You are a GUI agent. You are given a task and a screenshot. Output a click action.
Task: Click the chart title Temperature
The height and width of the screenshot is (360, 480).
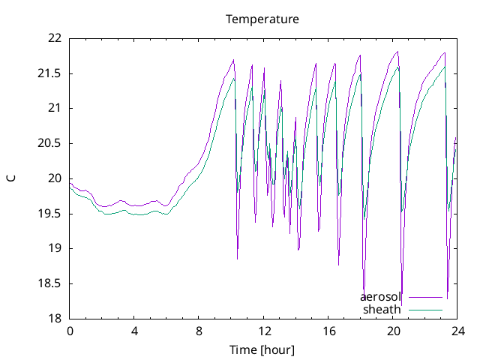262,19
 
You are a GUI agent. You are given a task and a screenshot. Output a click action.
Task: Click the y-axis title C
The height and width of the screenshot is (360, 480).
11,178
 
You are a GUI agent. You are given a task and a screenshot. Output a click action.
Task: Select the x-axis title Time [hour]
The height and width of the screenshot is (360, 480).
262,350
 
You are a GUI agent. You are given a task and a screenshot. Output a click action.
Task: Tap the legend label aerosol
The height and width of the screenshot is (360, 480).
381,297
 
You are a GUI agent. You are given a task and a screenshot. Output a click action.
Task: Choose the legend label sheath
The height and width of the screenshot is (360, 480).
382,309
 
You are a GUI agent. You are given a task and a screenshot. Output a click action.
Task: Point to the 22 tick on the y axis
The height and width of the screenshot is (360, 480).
55,38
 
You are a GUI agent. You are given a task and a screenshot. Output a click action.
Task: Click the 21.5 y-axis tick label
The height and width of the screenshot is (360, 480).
51,73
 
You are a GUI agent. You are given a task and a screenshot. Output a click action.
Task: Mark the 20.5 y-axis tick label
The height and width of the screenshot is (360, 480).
51,143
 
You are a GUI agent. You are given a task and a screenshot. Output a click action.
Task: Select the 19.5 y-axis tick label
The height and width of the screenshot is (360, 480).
51,214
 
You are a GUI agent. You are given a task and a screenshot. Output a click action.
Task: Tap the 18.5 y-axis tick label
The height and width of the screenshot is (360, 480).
51,283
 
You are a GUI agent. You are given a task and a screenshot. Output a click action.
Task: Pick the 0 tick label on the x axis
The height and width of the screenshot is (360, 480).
70,331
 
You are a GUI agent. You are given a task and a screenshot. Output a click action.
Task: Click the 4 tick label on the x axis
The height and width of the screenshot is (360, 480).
134,331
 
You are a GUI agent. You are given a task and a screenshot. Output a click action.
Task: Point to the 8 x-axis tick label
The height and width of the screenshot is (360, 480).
199,331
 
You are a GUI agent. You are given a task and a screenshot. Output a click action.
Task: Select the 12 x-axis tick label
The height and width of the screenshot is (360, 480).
264,331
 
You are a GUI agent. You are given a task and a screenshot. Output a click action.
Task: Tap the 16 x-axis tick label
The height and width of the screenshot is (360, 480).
328,331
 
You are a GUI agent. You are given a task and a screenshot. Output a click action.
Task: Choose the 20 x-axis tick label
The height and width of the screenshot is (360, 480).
393,331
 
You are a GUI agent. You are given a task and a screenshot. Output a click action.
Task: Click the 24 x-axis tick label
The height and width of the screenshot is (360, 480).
457,331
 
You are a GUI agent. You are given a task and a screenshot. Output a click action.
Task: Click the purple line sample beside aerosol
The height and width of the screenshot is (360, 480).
425,297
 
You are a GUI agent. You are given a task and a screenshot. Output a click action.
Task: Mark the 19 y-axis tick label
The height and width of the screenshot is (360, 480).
55,248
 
